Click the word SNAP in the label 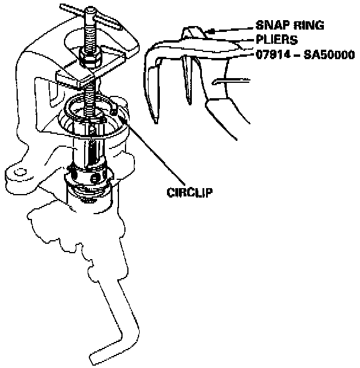click(269, 27)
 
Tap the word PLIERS click(277, 40)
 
